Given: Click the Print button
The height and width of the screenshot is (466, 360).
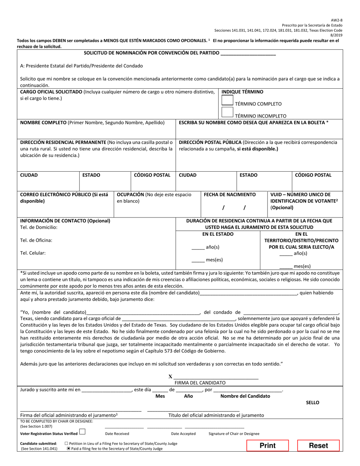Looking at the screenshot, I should [x=268, y=446].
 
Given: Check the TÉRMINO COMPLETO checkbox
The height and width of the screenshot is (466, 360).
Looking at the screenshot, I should [x=227, y=100].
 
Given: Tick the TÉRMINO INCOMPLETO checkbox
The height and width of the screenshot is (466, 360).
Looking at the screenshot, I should [x=227, y=112].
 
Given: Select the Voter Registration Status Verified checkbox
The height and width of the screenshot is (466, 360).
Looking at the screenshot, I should [x=82, y=432].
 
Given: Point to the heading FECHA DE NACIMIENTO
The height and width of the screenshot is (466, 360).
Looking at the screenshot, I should [x=230, y=195].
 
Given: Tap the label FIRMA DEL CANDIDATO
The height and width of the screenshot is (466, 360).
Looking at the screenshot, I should [x=200, y=383].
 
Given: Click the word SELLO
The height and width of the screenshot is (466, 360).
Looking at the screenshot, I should [x=313, y=402].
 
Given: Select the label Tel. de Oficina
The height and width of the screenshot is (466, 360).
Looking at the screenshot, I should [x=36, y=240].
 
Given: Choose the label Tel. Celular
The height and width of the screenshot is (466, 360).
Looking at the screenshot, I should [x=33, y=253].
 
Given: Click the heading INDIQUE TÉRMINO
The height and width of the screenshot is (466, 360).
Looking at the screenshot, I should [x=242, y=92].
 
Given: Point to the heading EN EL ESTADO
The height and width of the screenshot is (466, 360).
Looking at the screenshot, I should [x=218, y=234].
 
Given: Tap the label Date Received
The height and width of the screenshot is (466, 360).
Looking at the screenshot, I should [x=117, y=434].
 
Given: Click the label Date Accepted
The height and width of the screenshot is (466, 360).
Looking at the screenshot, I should [x=183, y=434].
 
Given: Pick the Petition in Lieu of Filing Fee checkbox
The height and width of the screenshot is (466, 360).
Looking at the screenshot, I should [x=67, y=443].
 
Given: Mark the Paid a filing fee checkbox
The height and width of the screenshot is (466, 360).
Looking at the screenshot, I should [x=69, y=449].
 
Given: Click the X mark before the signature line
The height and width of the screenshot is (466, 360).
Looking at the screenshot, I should [x=170, y=377].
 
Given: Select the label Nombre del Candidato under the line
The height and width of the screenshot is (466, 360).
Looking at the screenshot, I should [x=245, y=396].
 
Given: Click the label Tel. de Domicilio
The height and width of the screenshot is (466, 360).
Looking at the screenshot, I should [x=39, y=227].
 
